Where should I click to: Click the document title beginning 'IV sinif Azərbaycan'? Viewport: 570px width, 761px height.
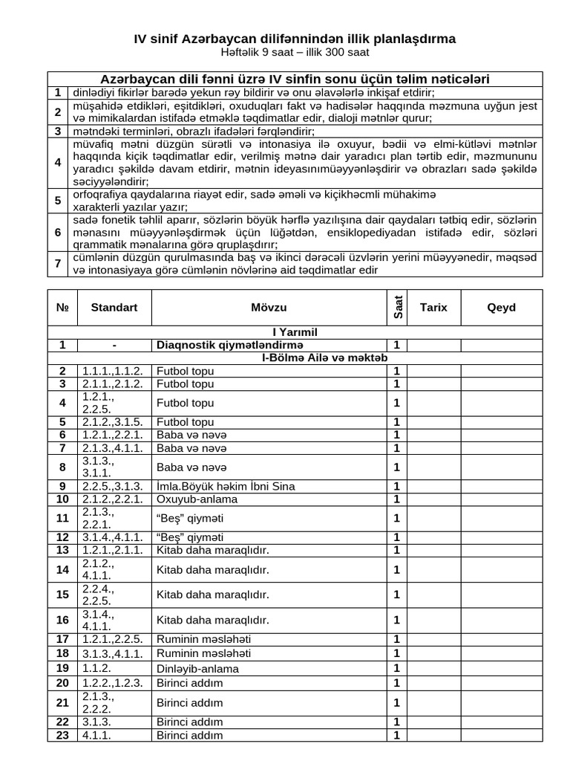295,38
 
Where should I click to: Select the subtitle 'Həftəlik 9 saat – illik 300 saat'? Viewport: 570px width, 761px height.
295,53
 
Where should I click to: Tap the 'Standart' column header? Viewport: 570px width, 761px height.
114,308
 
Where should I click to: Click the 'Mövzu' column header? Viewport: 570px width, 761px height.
268,308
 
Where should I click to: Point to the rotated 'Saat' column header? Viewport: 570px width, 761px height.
396,308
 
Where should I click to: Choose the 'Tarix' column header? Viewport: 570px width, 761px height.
433,308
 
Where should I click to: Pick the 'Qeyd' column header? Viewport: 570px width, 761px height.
501,308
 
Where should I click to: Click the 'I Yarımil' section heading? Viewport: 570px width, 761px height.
295,332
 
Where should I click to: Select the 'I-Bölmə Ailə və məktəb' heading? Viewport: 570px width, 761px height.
324,358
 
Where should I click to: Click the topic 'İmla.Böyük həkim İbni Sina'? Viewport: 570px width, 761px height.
226,487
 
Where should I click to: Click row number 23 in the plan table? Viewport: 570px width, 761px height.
63,736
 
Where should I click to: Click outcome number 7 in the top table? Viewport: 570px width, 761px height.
57,264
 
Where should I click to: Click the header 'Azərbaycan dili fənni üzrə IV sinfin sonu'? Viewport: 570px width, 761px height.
295,79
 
